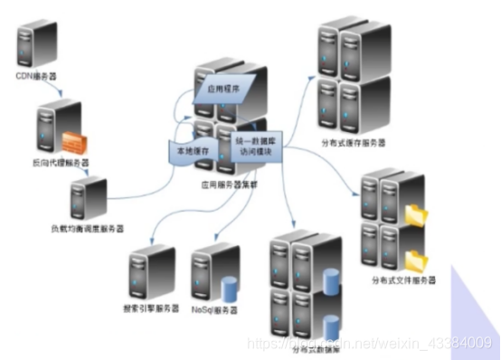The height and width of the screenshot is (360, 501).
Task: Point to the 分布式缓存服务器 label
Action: click(354, 144)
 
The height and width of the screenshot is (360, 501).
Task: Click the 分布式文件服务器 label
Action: click(409, 281)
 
